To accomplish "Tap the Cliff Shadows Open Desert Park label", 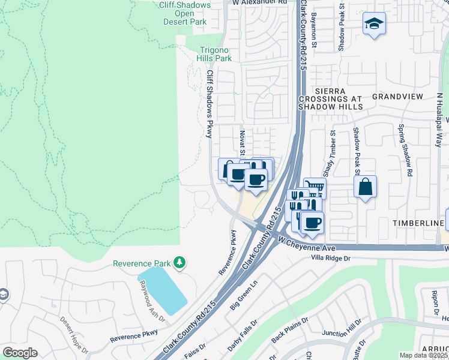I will coord(185,13).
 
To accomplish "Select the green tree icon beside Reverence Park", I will coord(179,263).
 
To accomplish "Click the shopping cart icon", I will coord(315,188).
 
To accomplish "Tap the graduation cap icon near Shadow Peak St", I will coord(374,24).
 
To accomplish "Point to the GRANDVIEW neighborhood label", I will coord(397,96).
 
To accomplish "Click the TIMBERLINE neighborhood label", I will coord(417,223).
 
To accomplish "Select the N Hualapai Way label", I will coord(439,120).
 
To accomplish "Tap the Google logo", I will coord(20,353).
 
